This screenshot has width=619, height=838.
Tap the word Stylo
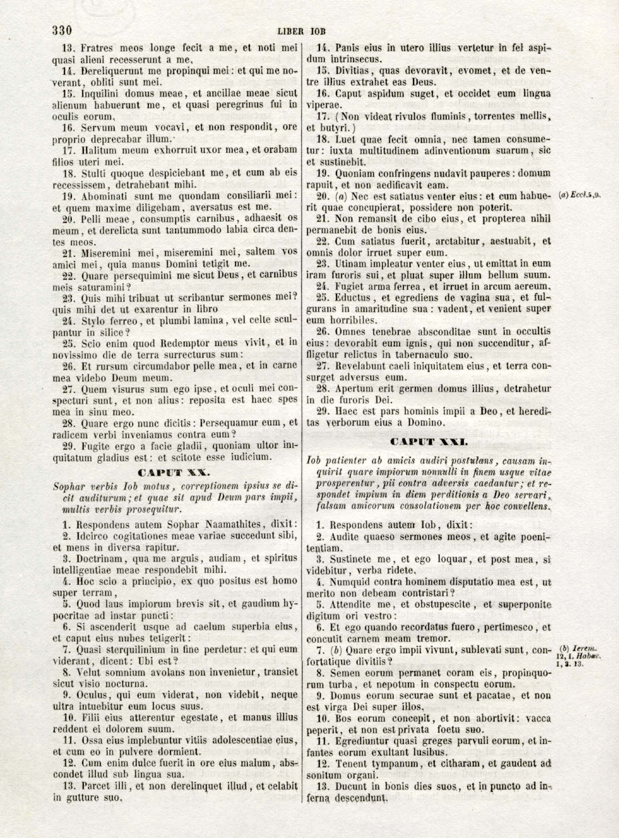(93, 320)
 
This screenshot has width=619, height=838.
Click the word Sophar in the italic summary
(70, 487)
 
